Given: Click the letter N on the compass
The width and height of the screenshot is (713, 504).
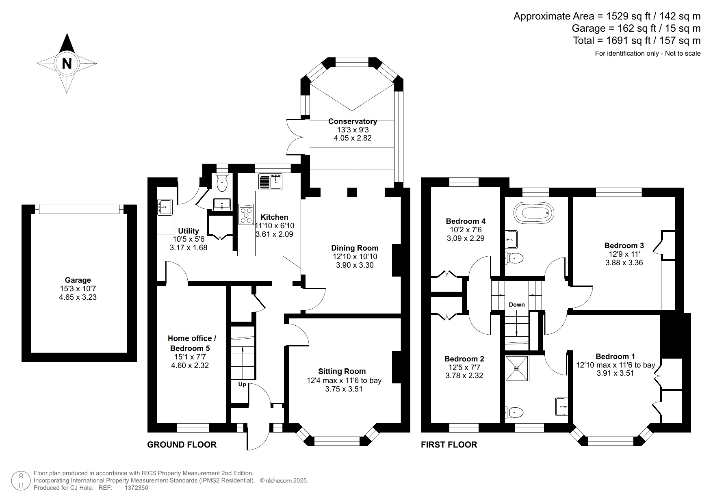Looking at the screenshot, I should coord(67,63).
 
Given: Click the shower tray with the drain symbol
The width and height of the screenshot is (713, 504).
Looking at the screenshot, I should coord(517,368).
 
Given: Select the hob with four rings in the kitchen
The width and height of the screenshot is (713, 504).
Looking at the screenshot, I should coord(247,214).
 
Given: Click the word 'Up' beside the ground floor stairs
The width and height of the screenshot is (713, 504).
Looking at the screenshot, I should coord(242,384).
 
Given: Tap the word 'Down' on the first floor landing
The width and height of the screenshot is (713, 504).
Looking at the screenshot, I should coord(517,305).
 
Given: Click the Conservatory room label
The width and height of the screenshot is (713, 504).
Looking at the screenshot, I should coord(353,121).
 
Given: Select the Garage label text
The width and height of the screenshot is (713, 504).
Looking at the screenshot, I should coord(78,280).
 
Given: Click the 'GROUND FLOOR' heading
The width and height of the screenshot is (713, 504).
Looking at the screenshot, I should coord(182,445).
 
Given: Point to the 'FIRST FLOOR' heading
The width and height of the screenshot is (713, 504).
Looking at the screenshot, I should coord(449,445).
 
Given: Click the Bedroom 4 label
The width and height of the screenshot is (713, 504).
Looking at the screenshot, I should coord(466,221).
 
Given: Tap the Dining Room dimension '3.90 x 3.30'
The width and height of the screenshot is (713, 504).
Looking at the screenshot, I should coord(355,265).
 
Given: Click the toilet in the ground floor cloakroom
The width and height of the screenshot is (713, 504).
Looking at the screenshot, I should coord(222,183).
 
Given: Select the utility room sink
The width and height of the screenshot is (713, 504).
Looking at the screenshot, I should coord(165,207).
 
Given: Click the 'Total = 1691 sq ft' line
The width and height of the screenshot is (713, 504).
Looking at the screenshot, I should coord(637,41).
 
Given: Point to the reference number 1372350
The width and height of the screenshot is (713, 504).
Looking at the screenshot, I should coord(136,488).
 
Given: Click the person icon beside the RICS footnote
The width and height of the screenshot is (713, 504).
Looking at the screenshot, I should coord(20,480).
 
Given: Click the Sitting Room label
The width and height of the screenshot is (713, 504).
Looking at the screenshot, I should coord(342,371).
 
